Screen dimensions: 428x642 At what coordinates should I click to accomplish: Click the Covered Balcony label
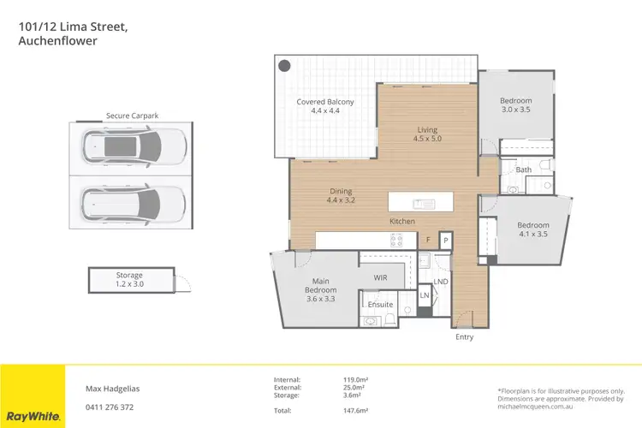325,107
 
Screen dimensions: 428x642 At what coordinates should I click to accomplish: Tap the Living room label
427,134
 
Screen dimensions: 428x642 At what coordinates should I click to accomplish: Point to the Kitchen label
402,222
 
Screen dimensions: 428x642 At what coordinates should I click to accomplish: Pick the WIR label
382,277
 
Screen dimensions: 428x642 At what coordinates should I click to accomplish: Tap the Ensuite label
380,305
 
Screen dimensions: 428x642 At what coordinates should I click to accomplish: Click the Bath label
523,170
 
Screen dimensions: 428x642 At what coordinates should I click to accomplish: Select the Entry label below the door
464,337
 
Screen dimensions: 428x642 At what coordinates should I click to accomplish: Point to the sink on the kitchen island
421,203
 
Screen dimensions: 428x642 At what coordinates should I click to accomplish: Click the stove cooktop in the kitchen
397,241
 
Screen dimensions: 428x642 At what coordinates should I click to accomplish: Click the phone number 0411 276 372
109,407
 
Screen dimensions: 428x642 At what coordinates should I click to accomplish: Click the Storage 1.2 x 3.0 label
130,280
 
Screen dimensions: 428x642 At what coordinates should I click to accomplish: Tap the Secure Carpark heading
132,116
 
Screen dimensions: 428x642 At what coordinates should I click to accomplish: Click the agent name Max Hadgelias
111,388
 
